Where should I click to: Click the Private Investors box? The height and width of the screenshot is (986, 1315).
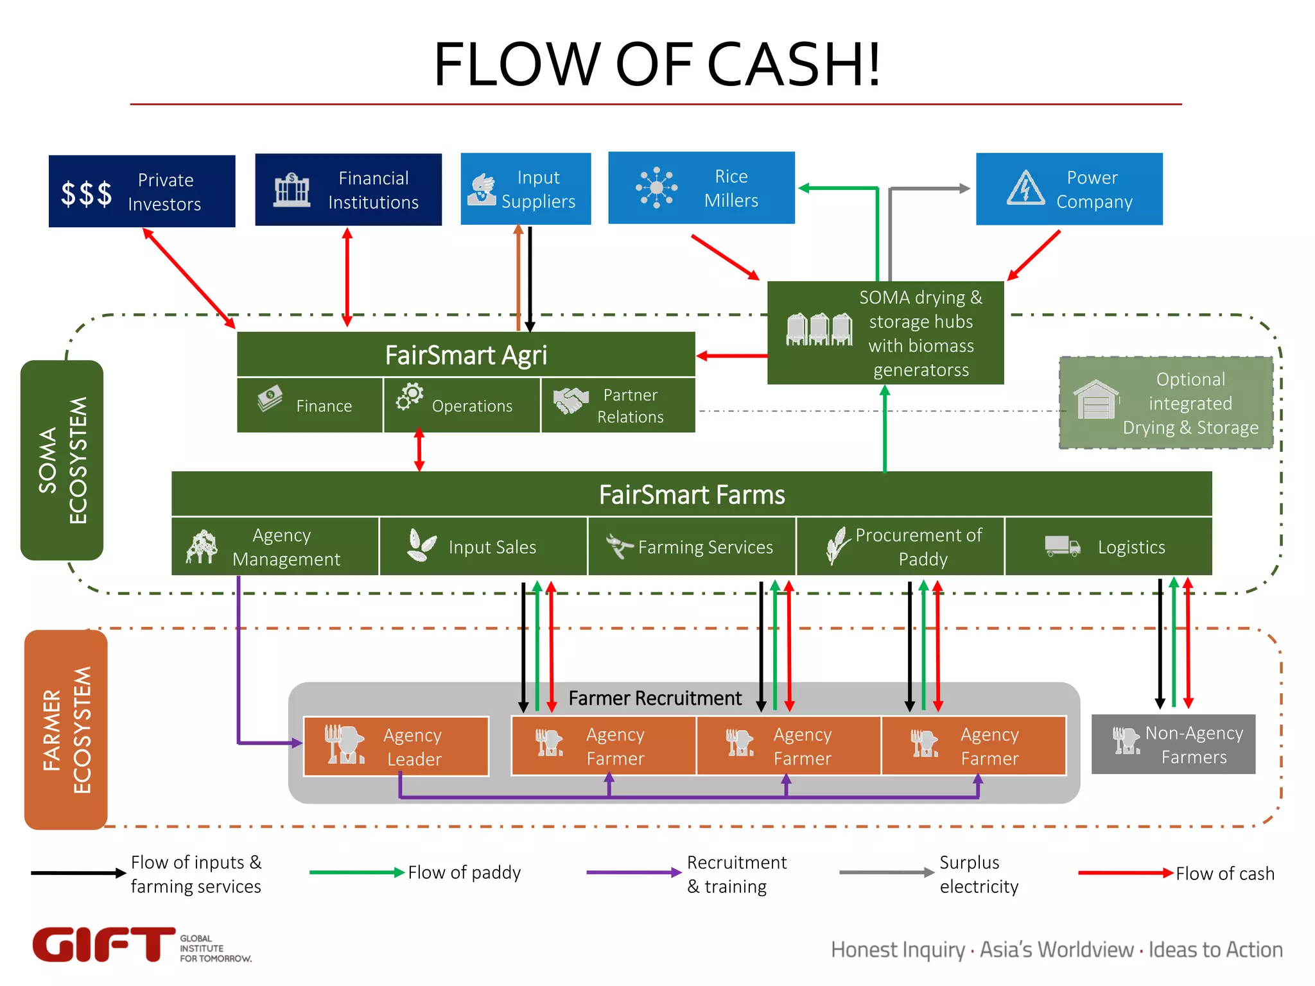(x=142, y=191)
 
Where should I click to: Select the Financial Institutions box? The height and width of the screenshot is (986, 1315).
(x=348, y=190)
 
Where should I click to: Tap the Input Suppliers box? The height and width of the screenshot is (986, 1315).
(x=525, y=189)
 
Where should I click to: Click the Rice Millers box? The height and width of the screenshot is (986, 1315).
(x=701, y=188)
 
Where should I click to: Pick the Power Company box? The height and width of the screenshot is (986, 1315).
(x=1068, y=189)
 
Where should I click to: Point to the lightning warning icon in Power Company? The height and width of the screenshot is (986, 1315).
(x=1025, y=188)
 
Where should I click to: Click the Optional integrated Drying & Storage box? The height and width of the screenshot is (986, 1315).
(x=1165, y=403)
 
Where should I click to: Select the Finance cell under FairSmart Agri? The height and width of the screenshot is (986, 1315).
(x=309, y=405)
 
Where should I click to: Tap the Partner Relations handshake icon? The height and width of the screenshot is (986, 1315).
(x=570, y=401)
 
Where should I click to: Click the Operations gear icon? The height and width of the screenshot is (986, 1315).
(x=410, y=397)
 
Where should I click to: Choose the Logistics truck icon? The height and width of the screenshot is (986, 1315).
(x=1062, y=546)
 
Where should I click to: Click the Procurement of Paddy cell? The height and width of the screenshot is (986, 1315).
(x=900, y=546)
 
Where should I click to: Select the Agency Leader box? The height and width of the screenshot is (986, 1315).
(x=396, y=747)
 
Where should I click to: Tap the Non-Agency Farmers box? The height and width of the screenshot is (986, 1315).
(x=1172, y=745)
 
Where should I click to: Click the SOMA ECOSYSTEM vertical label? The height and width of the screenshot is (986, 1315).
(x=62, y=460)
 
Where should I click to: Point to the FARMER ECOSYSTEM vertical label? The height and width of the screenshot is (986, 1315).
(x=66, y=730)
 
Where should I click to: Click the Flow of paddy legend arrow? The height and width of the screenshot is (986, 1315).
(x=356, y=872)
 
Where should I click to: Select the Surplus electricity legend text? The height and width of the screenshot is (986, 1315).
(x=978, y=874)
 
